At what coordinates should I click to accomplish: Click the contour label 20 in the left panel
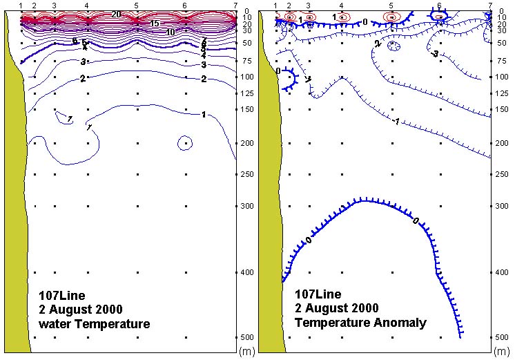click(116, 14)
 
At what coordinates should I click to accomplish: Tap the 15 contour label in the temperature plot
click(155, 23)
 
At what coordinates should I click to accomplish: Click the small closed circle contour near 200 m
click(185, 143)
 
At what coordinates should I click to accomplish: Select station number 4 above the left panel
click(86, 6)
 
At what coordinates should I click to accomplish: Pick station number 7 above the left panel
click(235, 6)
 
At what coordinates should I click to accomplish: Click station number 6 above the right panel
click(439, 6)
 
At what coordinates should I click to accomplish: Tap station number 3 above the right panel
click(309, 6)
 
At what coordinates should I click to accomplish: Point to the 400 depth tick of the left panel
click(246, 273)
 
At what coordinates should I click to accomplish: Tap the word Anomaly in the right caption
click(403, 322)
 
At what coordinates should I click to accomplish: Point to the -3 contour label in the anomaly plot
click(435, 53)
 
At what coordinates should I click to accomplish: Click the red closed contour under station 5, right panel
click(391, 17)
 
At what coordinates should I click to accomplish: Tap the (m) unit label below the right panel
click(503, 352)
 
